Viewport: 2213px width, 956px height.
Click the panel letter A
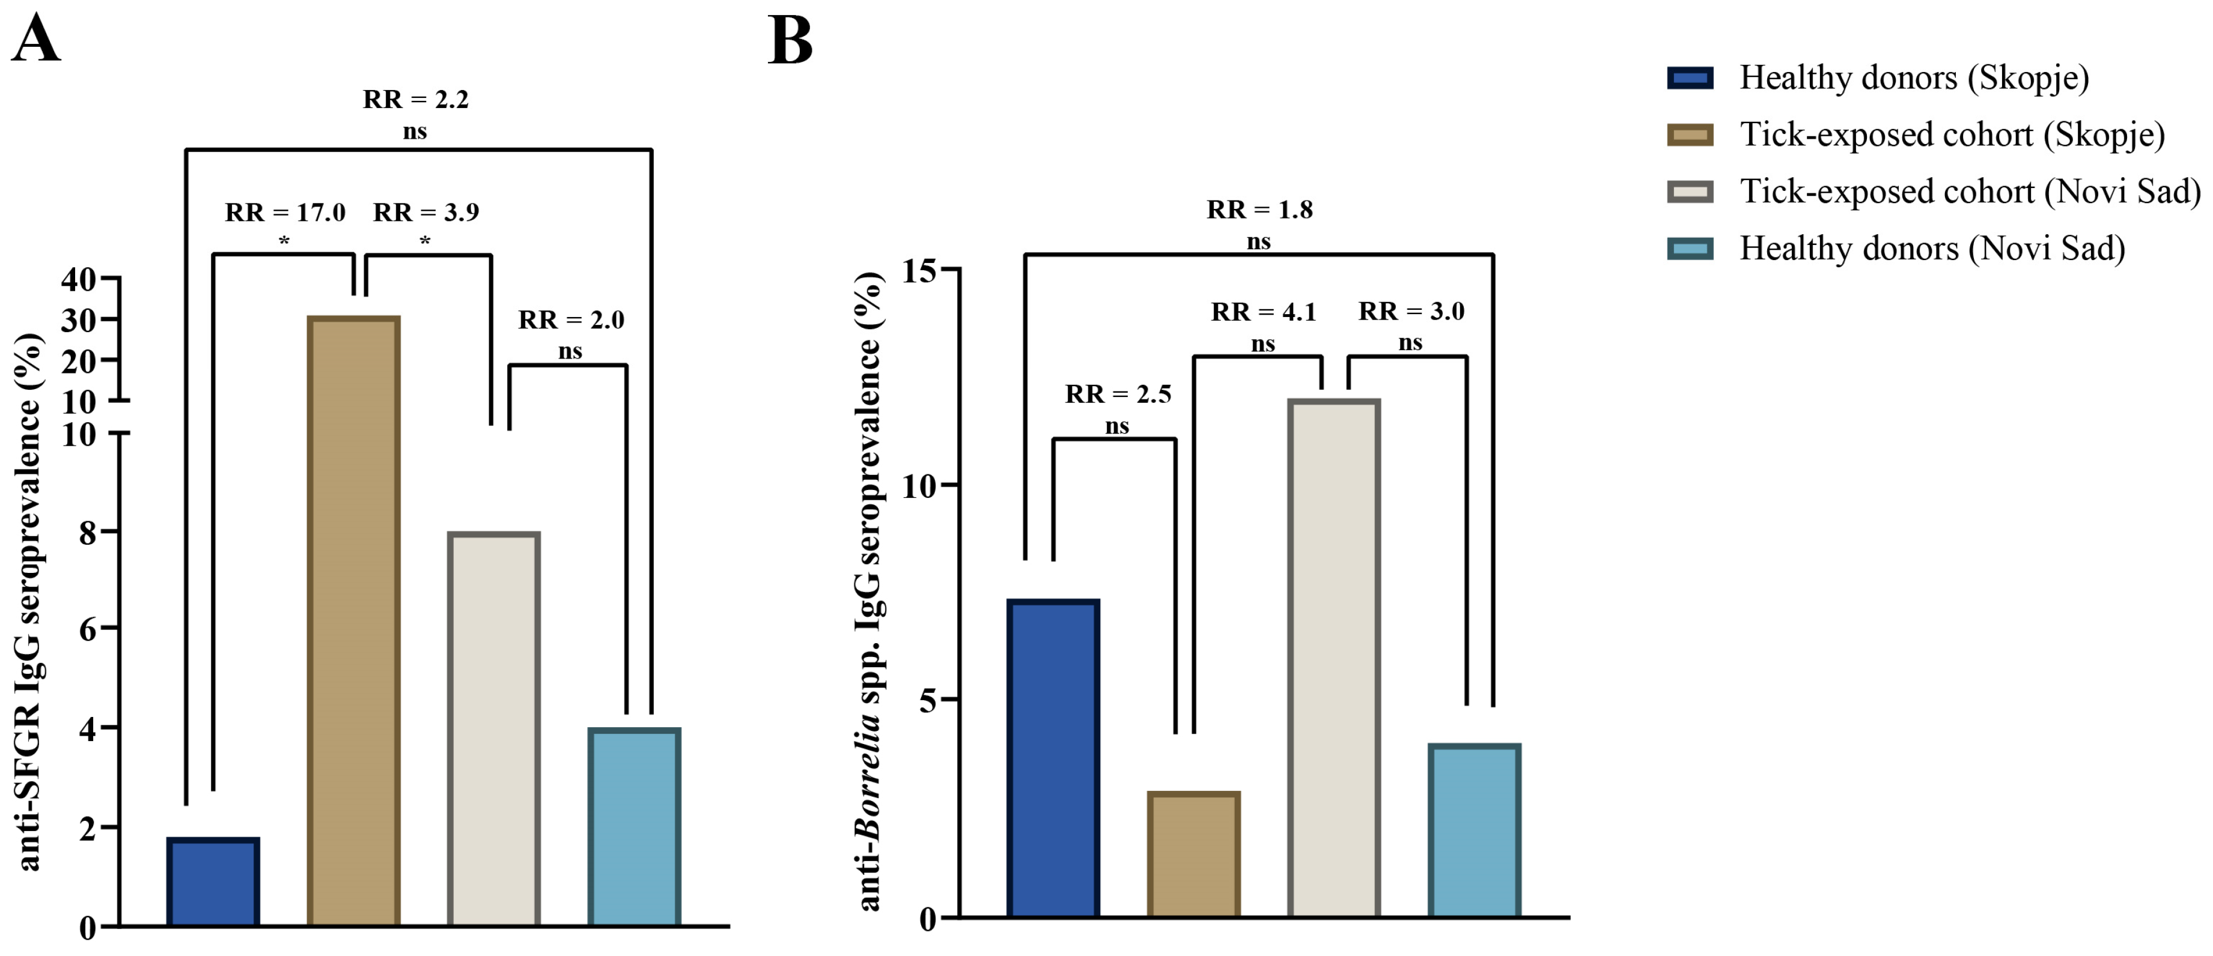click(x=36, y=40)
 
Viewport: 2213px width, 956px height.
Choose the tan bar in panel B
click(x=1193, y=854)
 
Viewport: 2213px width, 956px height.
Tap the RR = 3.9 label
click(x=426, y=212)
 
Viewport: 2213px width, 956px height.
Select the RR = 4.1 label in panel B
click(x=1263, y=312)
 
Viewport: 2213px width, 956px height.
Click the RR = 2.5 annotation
click(x=1118, y=395)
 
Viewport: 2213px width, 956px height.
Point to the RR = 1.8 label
click(x=1259, y=210)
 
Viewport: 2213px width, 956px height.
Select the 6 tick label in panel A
click(x=88, y=629)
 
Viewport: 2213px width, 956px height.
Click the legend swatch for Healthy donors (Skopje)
click(x=1690, y=78)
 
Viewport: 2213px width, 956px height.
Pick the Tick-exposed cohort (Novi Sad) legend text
click(x=1970, y=192)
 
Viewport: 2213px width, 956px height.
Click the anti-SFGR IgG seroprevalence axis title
click(x=29, y=601)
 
